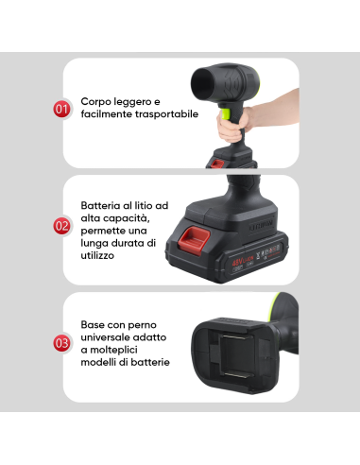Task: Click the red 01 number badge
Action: [61, 110]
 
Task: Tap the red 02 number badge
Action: [61, 226]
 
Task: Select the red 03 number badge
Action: [61, 343]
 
